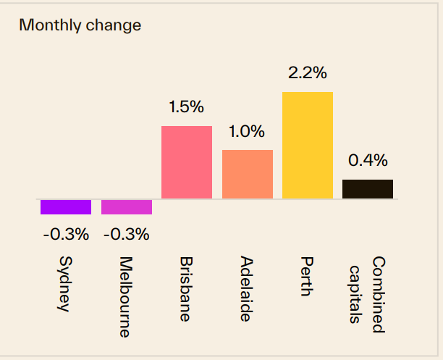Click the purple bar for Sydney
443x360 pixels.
click(x=66, y=206)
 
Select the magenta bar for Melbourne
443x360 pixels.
click(x=127, y=206)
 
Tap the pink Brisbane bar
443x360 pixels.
click(x=187, y=162)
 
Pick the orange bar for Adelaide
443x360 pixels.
click(x=248, y=174)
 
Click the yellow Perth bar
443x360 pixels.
click(x=308, y=145)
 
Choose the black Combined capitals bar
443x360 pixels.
click(x=368, y=189)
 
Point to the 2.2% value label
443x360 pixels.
click(x=308, y=72)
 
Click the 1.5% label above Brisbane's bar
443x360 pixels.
click(x=187, y=106)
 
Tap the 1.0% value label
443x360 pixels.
click(x=248, y=132)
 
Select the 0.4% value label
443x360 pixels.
click(x=368, y=160)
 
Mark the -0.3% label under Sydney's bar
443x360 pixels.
click(x=65, y=234)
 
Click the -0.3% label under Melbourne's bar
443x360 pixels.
click(x=126, y=234)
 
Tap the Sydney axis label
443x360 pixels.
click(x=65, y=283)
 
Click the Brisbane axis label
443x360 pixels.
click(x=187, y=288)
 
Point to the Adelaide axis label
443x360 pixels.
click(x=247, y=288)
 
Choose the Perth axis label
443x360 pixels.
click(x=308, y=276)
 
